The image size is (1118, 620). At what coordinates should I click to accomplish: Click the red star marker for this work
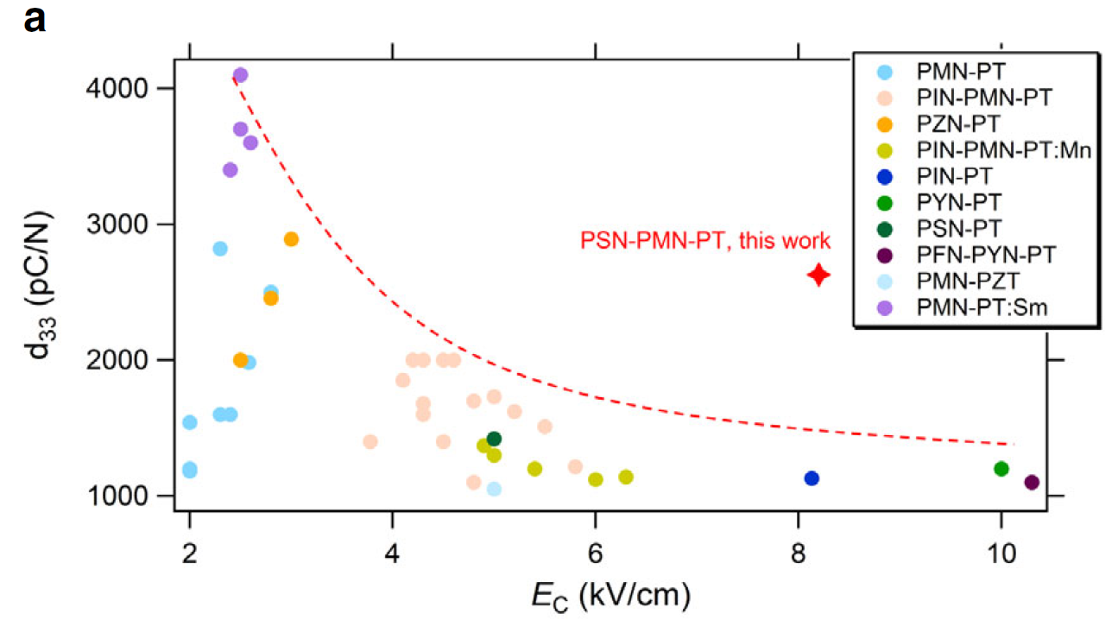point(818,275)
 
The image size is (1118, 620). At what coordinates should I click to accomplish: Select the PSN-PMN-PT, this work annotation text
point(704,241)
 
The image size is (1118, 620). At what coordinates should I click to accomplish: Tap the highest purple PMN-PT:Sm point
point(241,75)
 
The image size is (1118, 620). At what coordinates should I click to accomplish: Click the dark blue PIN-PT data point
point(812,478)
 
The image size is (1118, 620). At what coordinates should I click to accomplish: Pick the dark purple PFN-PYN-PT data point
point(1032,483)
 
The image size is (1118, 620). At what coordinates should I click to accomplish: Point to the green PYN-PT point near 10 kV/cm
point(1001,469)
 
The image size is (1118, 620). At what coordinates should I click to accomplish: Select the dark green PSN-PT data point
point(494,439)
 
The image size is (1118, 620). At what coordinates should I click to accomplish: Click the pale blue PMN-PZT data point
point(494,489)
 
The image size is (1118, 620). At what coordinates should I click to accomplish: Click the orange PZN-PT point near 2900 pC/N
point(291,239)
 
